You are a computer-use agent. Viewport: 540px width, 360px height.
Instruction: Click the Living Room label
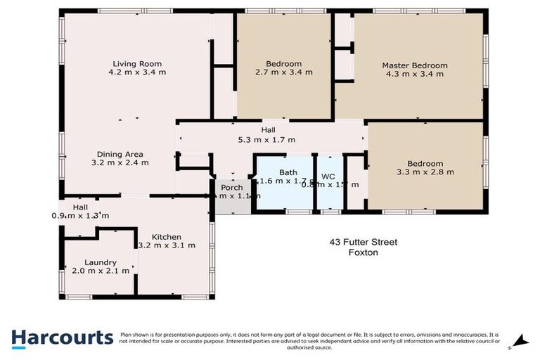click(138, 62)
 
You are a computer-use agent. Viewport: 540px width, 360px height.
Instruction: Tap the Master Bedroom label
click(414, 65)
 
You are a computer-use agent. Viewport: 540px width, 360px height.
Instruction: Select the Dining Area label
click(120, 153)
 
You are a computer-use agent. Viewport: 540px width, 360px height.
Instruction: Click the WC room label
click(328, 176)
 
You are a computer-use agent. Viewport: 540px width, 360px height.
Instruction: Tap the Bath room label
click(288, 172)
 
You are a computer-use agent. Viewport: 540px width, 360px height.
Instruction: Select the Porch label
click(232, 188)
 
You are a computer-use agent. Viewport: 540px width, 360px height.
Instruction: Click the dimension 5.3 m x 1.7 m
click(268, 139)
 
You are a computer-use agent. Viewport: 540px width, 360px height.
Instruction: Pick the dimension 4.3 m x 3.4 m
click(415, 74)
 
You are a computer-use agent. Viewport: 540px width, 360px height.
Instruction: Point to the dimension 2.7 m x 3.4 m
click(284, 72)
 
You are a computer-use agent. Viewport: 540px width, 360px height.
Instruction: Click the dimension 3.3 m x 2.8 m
click(425, 171)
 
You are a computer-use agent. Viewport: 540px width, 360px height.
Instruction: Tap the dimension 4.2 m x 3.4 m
click(138, 71)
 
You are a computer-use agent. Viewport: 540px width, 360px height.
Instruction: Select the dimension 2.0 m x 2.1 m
click(101, 271)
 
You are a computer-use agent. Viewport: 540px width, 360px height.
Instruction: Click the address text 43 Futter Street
click(364, 243)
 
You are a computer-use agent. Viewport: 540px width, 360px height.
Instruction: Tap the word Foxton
click(364, 252)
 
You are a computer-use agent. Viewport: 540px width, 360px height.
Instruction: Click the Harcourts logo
click(61, 337)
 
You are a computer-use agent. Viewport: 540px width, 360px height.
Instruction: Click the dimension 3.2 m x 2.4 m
click(120, 162)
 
